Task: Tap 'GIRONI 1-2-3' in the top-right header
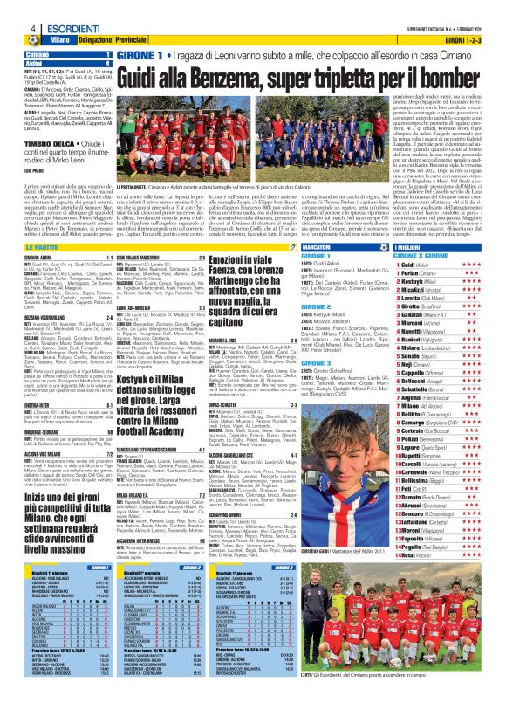tap(475, 41)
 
